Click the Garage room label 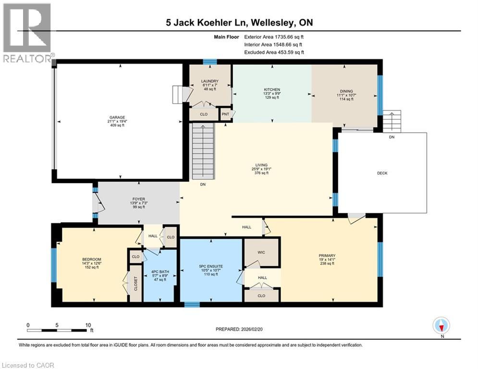tap(117, 117)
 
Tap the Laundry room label tap(210, 81)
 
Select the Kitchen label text tap(272, 89)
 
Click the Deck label tap(382, 173)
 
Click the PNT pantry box tap(225, 114)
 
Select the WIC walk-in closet tap(261, 252)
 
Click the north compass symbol tap(441, 326)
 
